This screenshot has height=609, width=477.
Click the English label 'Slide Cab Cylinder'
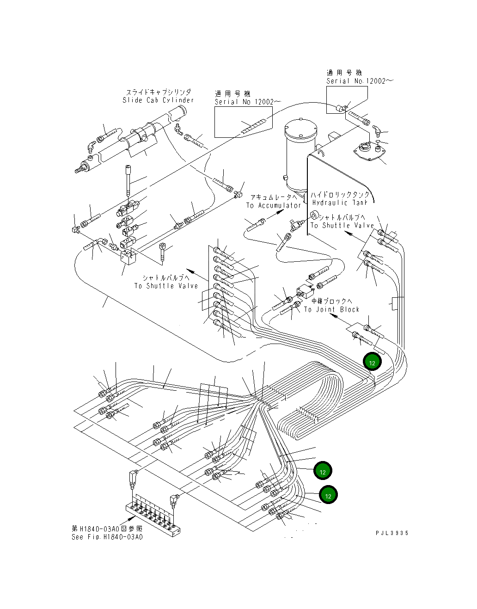pos(158,100)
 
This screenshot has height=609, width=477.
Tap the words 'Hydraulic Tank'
pos(339,203)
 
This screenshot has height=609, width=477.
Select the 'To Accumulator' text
pos(274,205)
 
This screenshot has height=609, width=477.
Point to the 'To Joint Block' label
pos(331,309)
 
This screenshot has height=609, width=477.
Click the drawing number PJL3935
pos(392,533)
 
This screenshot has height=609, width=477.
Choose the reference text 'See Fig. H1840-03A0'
pos(107,537)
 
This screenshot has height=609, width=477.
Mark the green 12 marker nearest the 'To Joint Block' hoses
pos(372,362)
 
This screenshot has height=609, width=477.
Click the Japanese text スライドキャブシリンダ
pos(158,92)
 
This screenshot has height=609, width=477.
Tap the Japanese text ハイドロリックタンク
pos(340,195)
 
